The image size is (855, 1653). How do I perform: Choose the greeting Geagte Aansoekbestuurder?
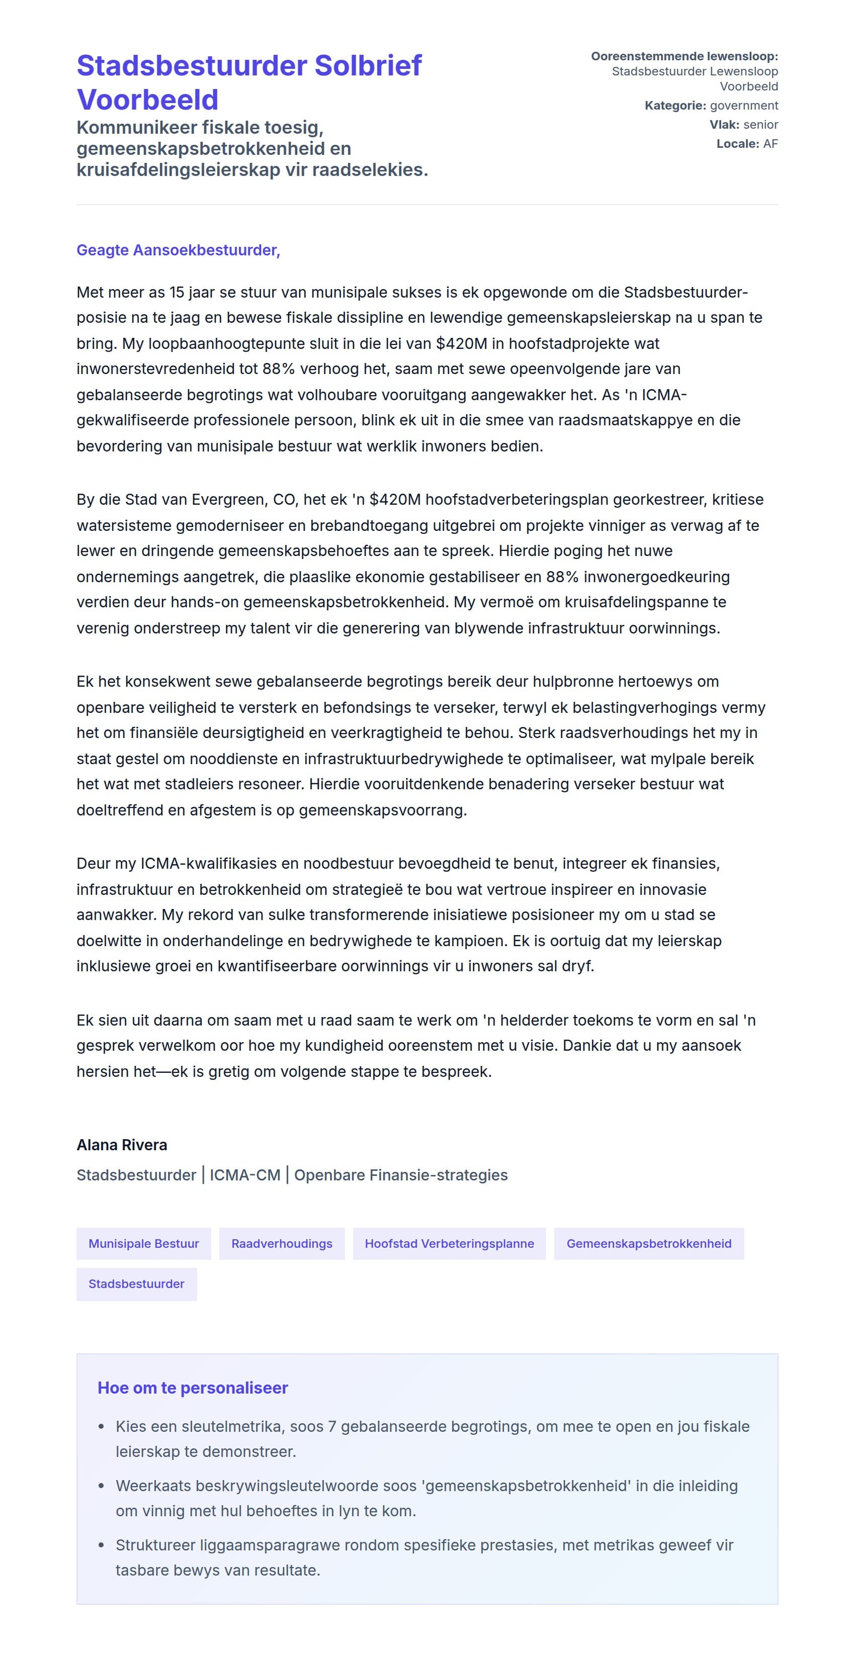tap(179, 250)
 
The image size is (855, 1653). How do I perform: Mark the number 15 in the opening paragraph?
tap(177, 293)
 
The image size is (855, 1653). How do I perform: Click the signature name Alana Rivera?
tap(122, 1145)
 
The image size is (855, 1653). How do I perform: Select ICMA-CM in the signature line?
tap(244, 1175)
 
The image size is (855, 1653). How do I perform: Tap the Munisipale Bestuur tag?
tap(144, 1244)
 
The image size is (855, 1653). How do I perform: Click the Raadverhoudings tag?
tap(282, 1244)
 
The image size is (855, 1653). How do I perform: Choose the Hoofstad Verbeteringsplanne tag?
tap(449, 1244)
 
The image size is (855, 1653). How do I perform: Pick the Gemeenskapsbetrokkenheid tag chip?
tap(648, 1244)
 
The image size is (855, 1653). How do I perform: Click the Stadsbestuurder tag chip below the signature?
tap(136, 1284)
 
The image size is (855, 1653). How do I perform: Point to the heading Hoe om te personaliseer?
tap(193, 1388)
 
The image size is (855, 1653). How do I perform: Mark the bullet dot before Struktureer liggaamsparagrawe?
tap(102, 1545)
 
